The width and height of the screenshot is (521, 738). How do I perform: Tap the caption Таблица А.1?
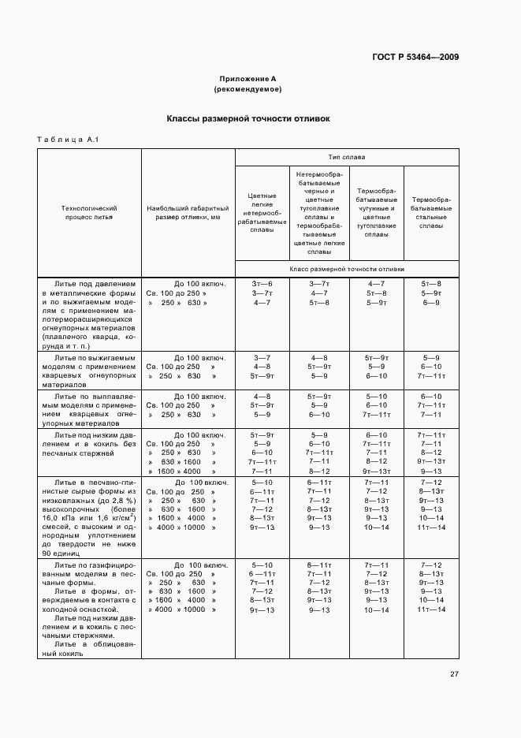(66, 140)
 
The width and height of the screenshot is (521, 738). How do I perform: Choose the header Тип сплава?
(346, 157)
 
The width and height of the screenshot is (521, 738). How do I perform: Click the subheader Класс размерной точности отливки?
(346, 269)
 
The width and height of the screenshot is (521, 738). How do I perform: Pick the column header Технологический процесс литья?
(89, 213)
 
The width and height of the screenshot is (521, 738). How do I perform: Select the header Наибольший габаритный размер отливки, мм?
(188, 213)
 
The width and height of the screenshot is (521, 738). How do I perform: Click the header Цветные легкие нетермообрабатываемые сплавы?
(262, 213)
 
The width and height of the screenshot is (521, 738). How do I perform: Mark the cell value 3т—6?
(262, 282)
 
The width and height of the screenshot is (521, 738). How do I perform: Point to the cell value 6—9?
(430, 303)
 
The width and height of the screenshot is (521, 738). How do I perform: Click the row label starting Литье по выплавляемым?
(89, 405)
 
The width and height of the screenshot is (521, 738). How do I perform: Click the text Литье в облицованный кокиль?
(89, 647)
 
